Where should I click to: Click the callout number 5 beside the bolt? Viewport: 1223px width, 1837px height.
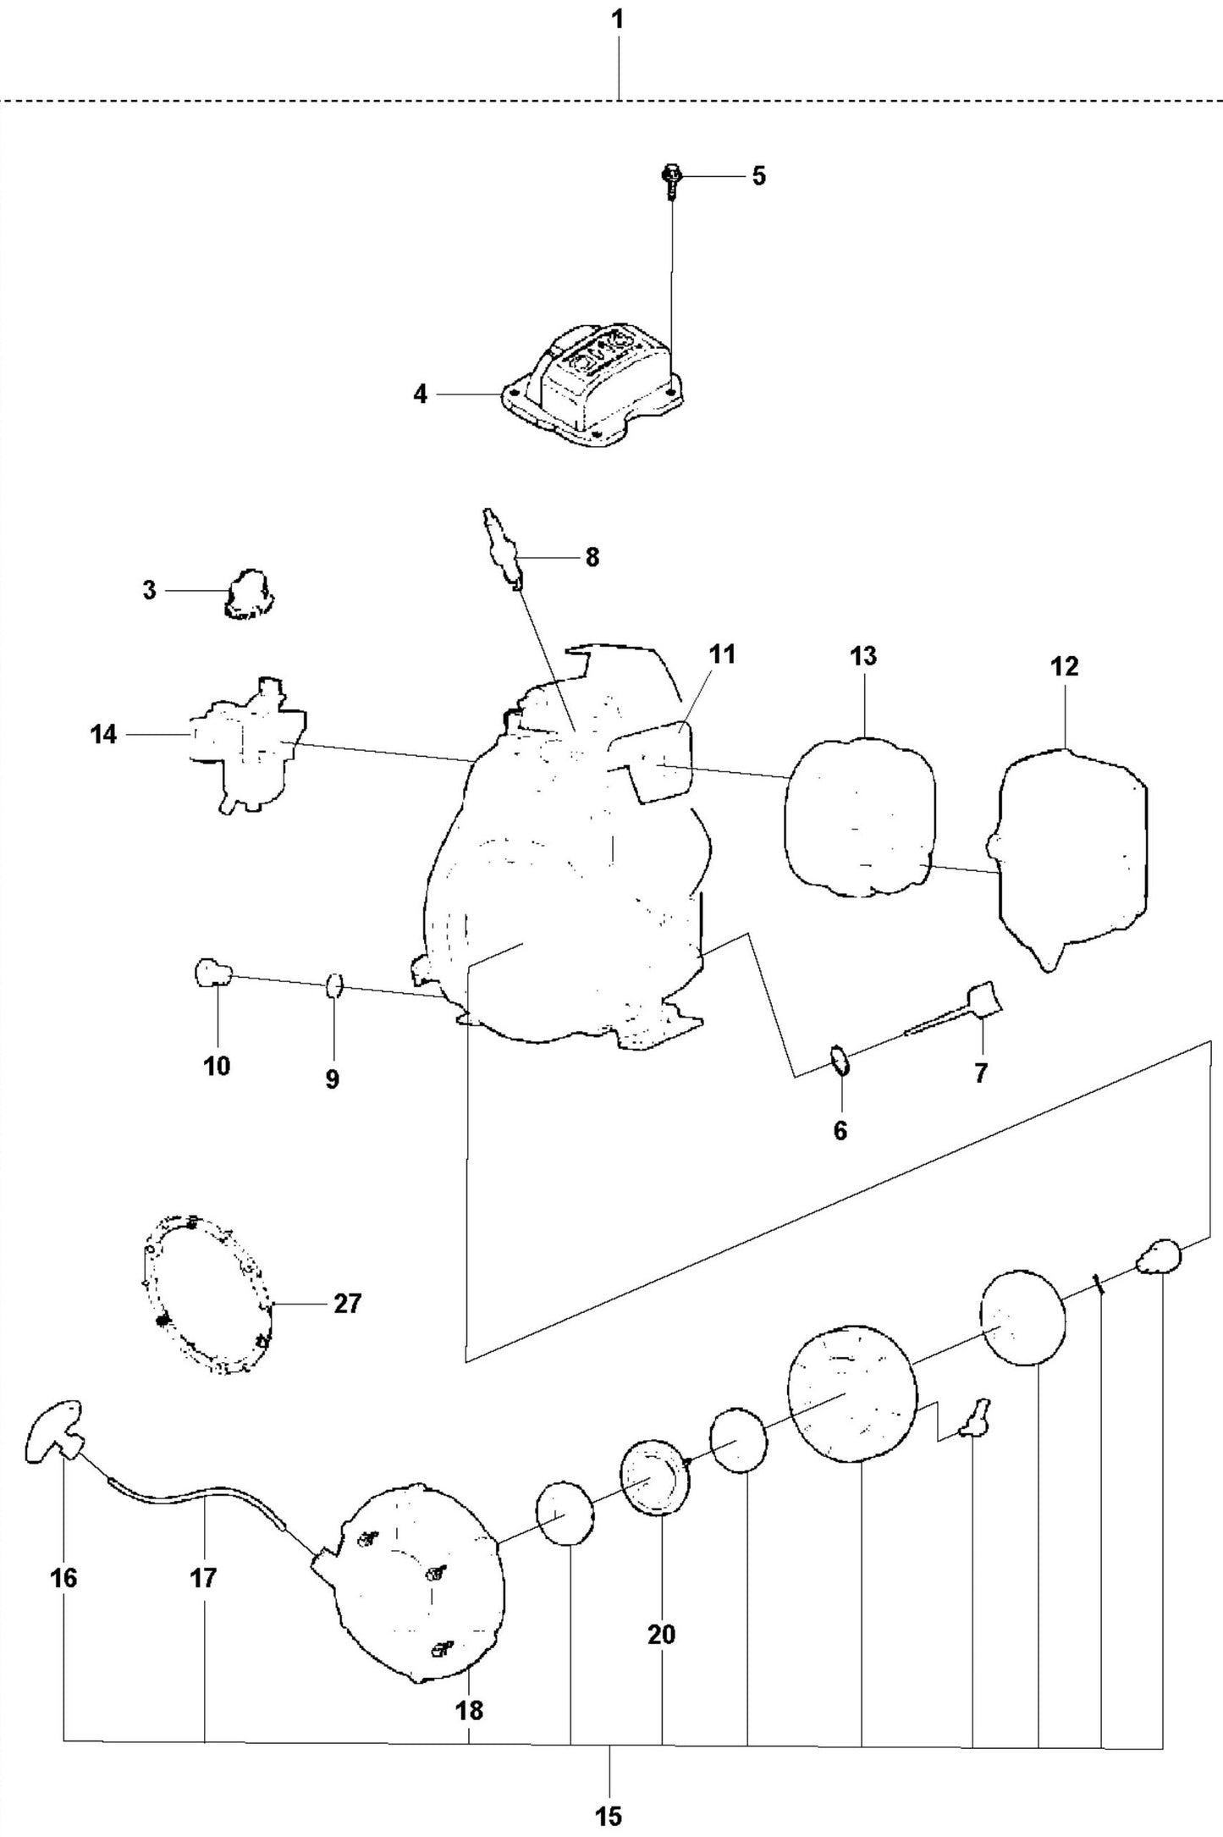(x=758, y=176)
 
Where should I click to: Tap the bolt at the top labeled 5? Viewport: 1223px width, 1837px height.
(x=672, y=180)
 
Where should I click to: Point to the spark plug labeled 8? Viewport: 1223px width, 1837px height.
(x=501, y=546)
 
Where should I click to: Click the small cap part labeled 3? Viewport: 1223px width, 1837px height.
(x=249, y=593)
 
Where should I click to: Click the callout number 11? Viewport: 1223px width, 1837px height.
(x=722, y=655)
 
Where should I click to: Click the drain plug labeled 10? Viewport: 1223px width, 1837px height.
(x=212, y=972)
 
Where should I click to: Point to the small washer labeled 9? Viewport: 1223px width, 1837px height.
(x=334, y=985)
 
